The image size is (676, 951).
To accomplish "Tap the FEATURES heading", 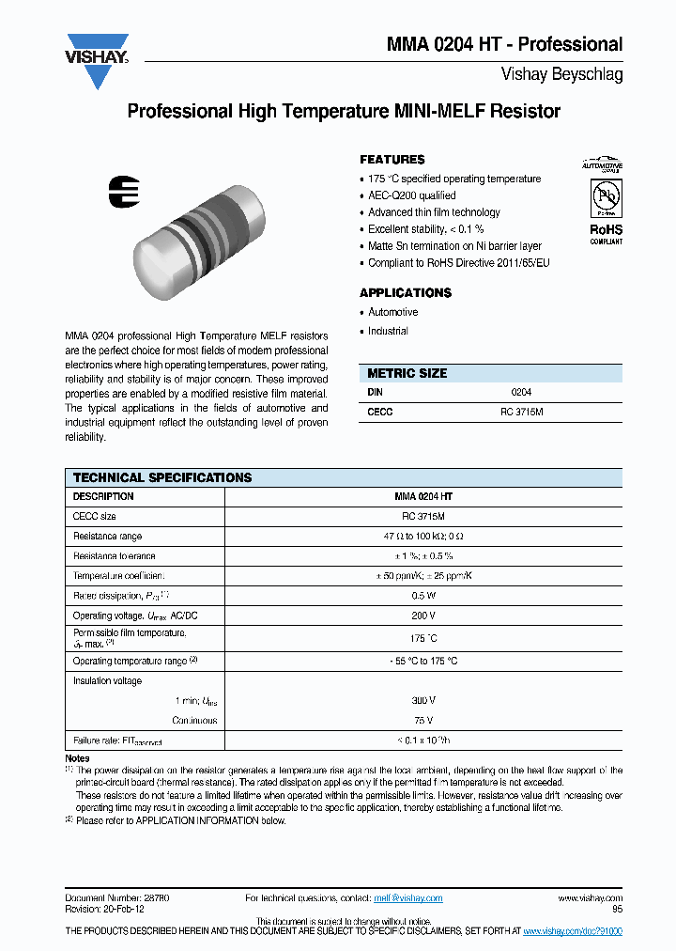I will [x=392, y=160].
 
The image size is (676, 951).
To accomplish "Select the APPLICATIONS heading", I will [x=406, y=292].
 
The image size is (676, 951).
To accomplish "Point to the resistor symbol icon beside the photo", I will [x=124, y=190].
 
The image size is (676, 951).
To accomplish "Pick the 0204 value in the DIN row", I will [x=520, y=392].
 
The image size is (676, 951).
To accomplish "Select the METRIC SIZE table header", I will [x=407, y=373].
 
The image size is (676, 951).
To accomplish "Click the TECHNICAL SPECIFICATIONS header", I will [x=162, y=477].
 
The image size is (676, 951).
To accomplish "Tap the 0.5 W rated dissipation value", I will [x=422, y=596].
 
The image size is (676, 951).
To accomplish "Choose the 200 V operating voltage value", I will [x=422, y=616].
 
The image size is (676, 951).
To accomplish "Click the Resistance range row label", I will [x=107, y=536].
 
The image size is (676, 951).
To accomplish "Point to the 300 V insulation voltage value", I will [x=422, y=701].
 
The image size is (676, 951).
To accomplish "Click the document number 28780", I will [x=154, y=898].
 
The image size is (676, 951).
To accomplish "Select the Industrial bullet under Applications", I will [x=388, y=331].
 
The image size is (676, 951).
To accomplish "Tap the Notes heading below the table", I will [x=77, y=757].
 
